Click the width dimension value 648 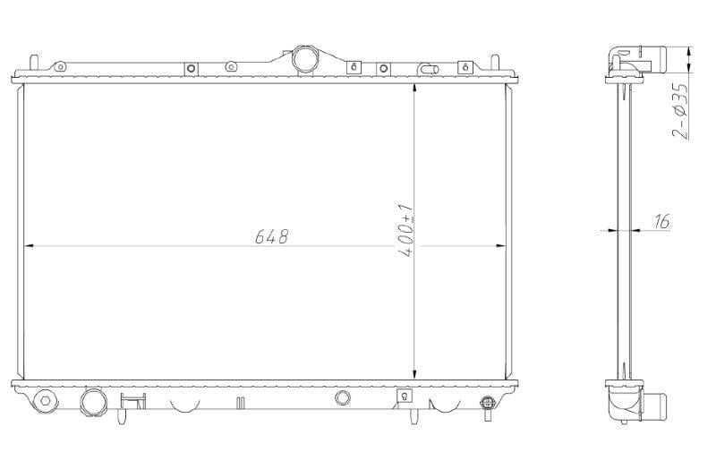click(x=271, y=236)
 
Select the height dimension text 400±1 click(x=406, y=232)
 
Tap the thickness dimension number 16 click(x=662, y=221)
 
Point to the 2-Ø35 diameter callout click(x=680, y=111)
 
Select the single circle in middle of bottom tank click(x=342, y=398)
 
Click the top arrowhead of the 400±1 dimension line click(x=414, y=90)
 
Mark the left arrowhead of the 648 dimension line click(x=27, y=245)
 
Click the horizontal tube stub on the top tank click(x=429, y=67)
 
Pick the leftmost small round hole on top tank click(x=59, y=66)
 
